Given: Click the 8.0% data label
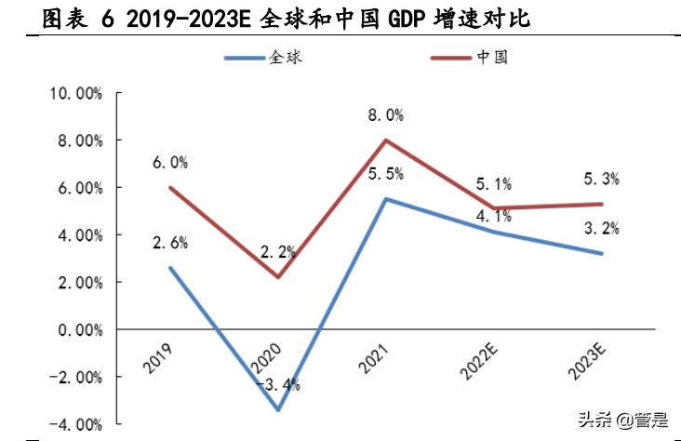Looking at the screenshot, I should click(x=384, y=115).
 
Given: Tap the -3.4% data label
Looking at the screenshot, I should click(x=278, y=384).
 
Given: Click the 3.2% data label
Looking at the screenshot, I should click(x=599, y=228).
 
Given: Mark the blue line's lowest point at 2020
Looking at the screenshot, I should click(x=277, y=409).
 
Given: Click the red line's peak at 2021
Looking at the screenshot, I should click(x=384, y=140).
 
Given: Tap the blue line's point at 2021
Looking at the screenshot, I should click(x=384, y=199).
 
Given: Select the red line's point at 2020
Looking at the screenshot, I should click(x=277, y=277).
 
